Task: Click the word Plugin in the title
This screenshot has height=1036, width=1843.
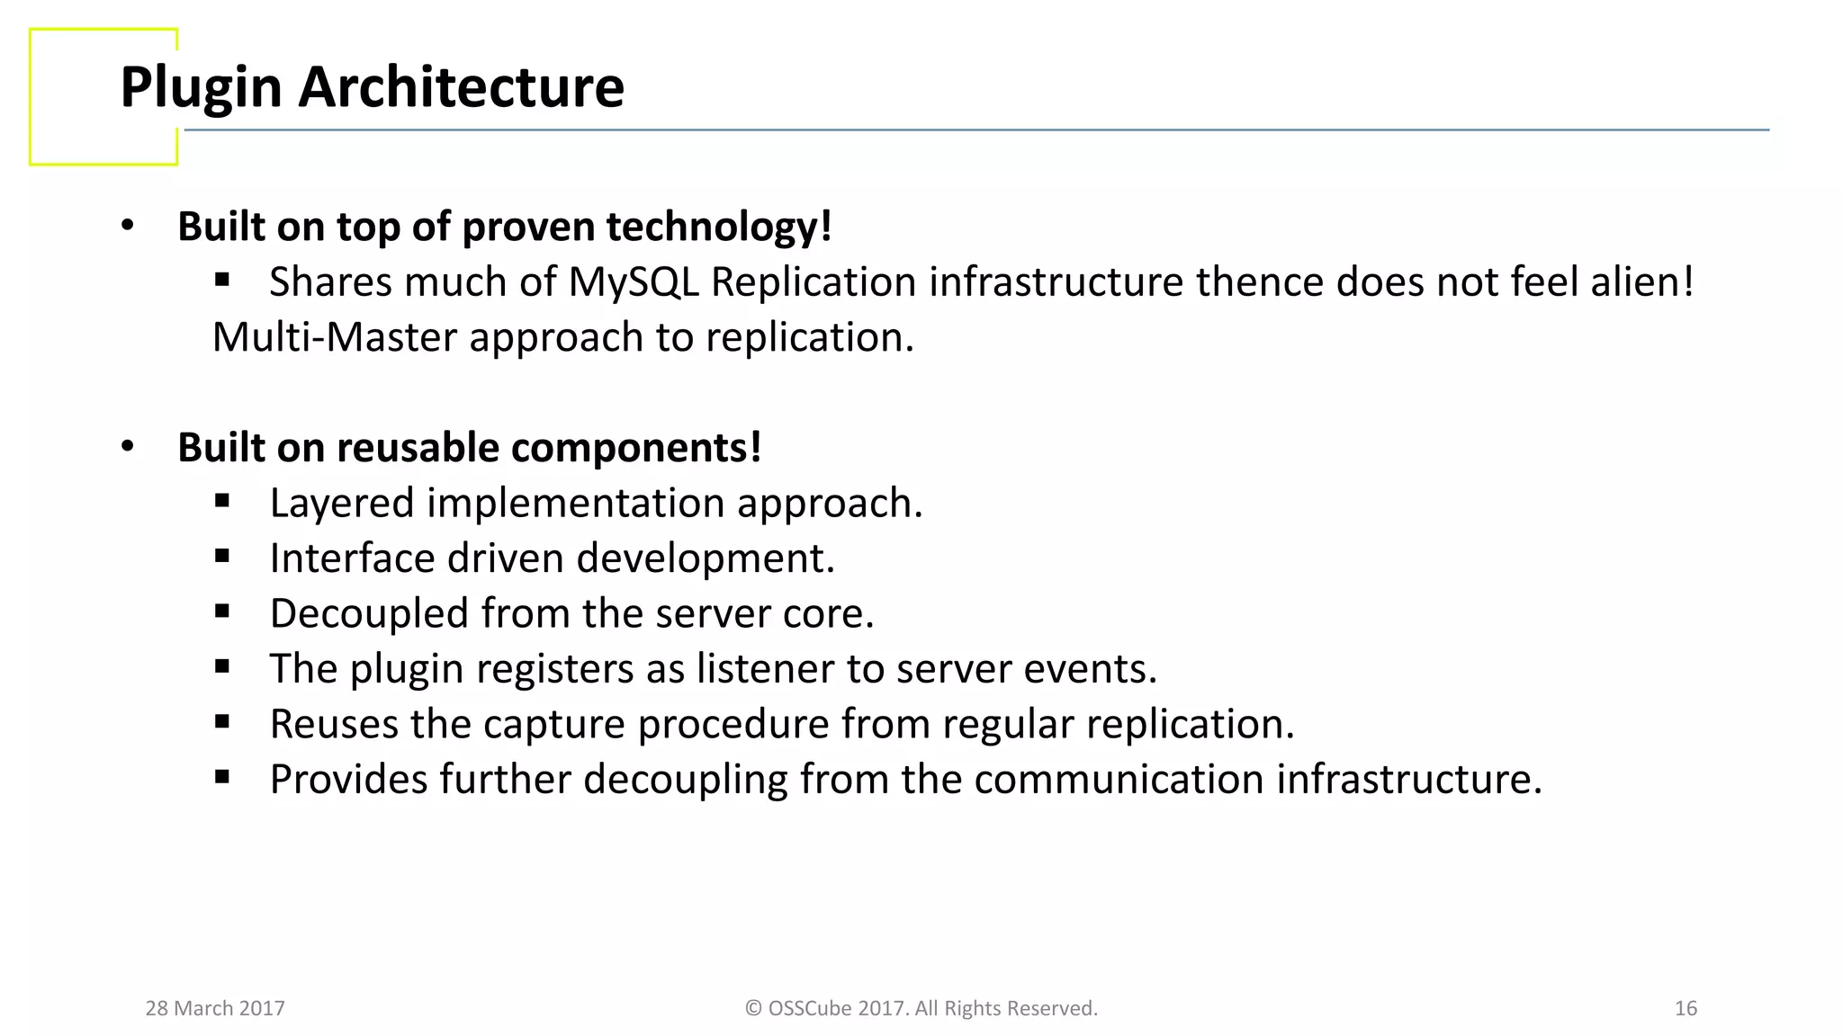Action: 201,88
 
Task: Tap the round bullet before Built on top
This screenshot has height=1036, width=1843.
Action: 128,226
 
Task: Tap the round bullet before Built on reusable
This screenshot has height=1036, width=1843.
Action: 128,446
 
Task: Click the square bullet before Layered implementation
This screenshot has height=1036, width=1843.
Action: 222,501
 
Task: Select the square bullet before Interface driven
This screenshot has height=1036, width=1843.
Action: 222,557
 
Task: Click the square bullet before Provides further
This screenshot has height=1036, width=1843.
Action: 222,777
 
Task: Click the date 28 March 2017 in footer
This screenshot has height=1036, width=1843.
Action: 215,1008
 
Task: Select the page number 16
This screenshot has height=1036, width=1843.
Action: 1686,1008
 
